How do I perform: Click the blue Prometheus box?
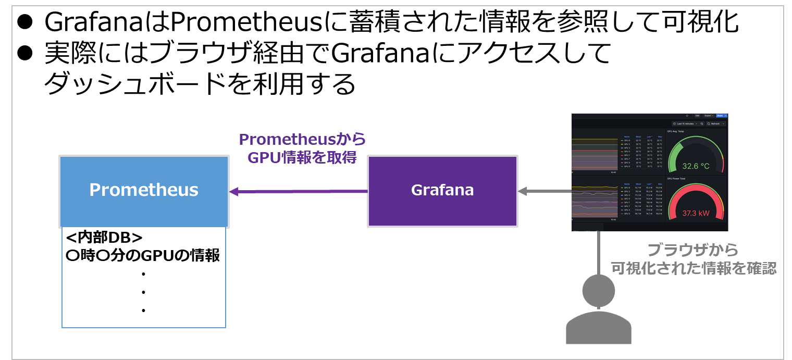(x=144, y=191)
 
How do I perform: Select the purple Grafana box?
(x=442, y=191)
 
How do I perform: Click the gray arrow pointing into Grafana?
(x=544, y=191)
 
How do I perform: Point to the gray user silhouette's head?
(x=599, y=291)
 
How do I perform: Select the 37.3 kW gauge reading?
(x=696, y=213)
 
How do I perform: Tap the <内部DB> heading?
(x=104, y=238)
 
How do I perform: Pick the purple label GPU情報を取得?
(x=302, y=157)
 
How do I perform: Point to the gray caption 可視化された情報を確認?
(x=694, y=268)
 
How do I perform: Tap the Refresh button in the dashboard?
(x=715, y=123)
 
